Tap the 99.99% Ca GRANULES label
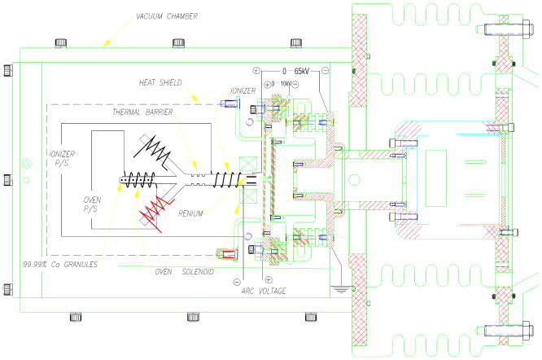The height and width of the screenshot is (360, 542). click(x=55, y=264)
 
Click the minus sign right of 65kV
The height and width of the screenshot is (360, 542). click(x=325, y=71)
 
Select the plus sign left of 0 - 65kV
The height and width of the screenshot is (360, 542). click(x=256, y=71)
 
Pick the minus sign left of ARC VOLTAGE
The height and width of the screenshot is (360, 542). click(x=237, y=282)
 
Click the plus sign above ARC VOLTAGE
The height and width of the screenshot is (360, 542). click(x=268, y=279)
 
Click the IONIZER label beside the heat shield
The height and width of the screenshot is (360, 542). click(x=242, y=91)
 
